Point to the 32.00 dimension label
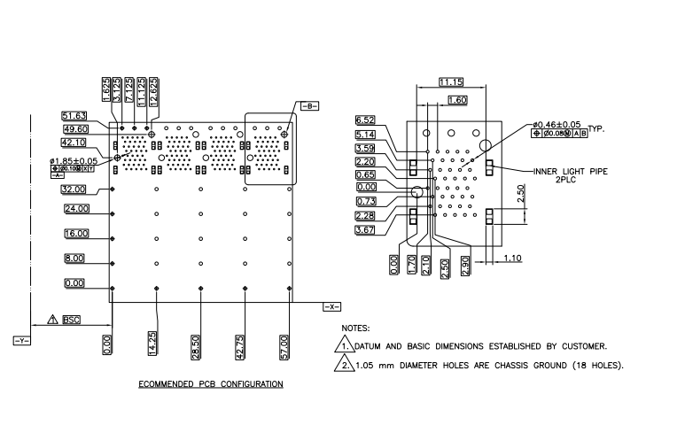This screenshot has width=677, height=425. pos(75,189)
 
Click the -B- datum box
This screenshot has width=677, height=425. pos(310,105)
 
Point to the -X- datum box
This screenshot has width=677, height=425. pos(331,306)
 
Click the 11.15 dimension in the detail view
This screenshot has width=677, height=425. pos(450,82)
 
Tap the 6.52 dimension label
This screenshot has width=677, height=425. pos(365,120)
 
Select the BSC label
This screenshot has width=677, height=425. pos(70,320)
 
